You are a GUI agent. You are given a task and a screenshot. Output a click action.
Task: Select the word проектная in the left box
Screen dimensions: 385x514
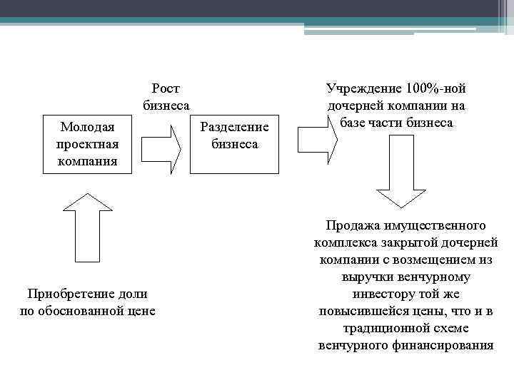(x=88, y=144)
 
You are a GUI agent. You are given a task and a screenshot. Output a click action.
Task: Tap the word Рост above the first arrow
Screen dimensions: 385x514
(x=166, y=88)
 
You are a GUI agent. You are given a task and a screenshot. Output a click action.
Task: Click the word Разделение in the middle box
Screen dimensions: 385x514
(x=235, y=128)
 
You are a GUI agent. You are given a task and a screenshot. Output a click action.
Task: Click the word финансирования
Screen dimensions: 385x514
(x=443, y=345)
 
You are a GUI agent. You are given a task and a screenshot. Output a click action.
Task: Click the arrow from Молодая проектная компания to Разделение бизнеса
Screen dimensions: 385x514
(x=162, y=144)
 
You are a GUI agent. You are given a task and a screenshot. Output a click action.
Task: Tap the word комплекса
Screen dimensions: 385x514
(x=343, y=242)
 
